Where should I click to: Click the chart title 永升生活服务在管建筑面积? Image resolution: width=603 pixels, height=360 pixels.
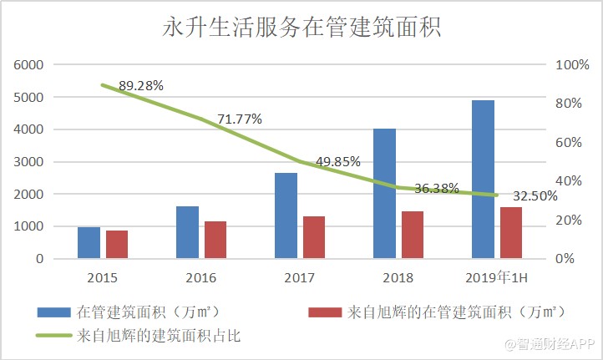[x=301, y=27]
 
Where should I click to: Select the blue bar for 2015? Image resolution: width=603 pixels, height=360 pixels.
[x=89, y=243]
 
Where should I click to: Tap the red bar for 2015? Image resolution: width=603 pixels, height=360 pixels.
[x=117, y=245]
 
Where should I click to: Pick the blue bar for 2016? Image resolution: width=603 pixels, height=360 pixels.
[x=188, y=232]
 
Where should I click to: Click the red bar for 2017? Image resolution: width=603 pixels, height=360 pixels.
[x=314, y=237]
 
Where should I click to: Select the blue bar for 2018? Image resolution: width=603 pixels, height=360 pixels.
[x=384, y=194]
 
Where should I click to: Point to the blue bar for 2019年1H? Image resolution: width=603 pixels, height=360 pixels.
[x=483, y=180]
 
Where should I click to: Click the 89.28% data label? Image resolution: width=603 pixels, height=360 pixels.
[x=141, y=85]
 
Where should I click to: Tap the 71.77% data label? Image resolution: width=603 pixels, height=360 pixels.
[x=240, y=119]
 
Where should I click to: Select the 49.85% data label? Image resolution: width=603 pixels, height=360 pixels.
[x=338, y=162]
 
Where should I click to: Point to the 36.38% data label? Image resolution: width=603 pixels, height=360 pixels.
[x=437, y=189]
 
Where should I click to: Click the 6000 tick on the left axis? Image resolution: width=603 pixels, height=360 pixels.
[x=28, y=65]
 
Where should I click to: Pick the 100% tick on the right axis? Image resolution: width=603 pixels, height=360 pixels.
[x=572, y=65]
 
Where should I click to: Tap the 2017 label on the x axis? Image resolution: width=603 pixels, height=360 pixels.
[x=300, y=277]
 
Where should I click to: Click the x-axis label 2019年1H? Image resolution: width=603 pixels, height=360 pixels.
[x=496, y=277]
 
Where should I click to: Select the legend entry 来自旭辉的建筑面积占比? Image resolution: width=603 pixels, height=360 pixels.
[x=163, y=336]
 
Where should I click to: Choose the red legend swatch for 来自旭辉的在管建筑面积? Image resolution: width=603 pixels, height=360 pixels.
[x=325, y=312]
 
